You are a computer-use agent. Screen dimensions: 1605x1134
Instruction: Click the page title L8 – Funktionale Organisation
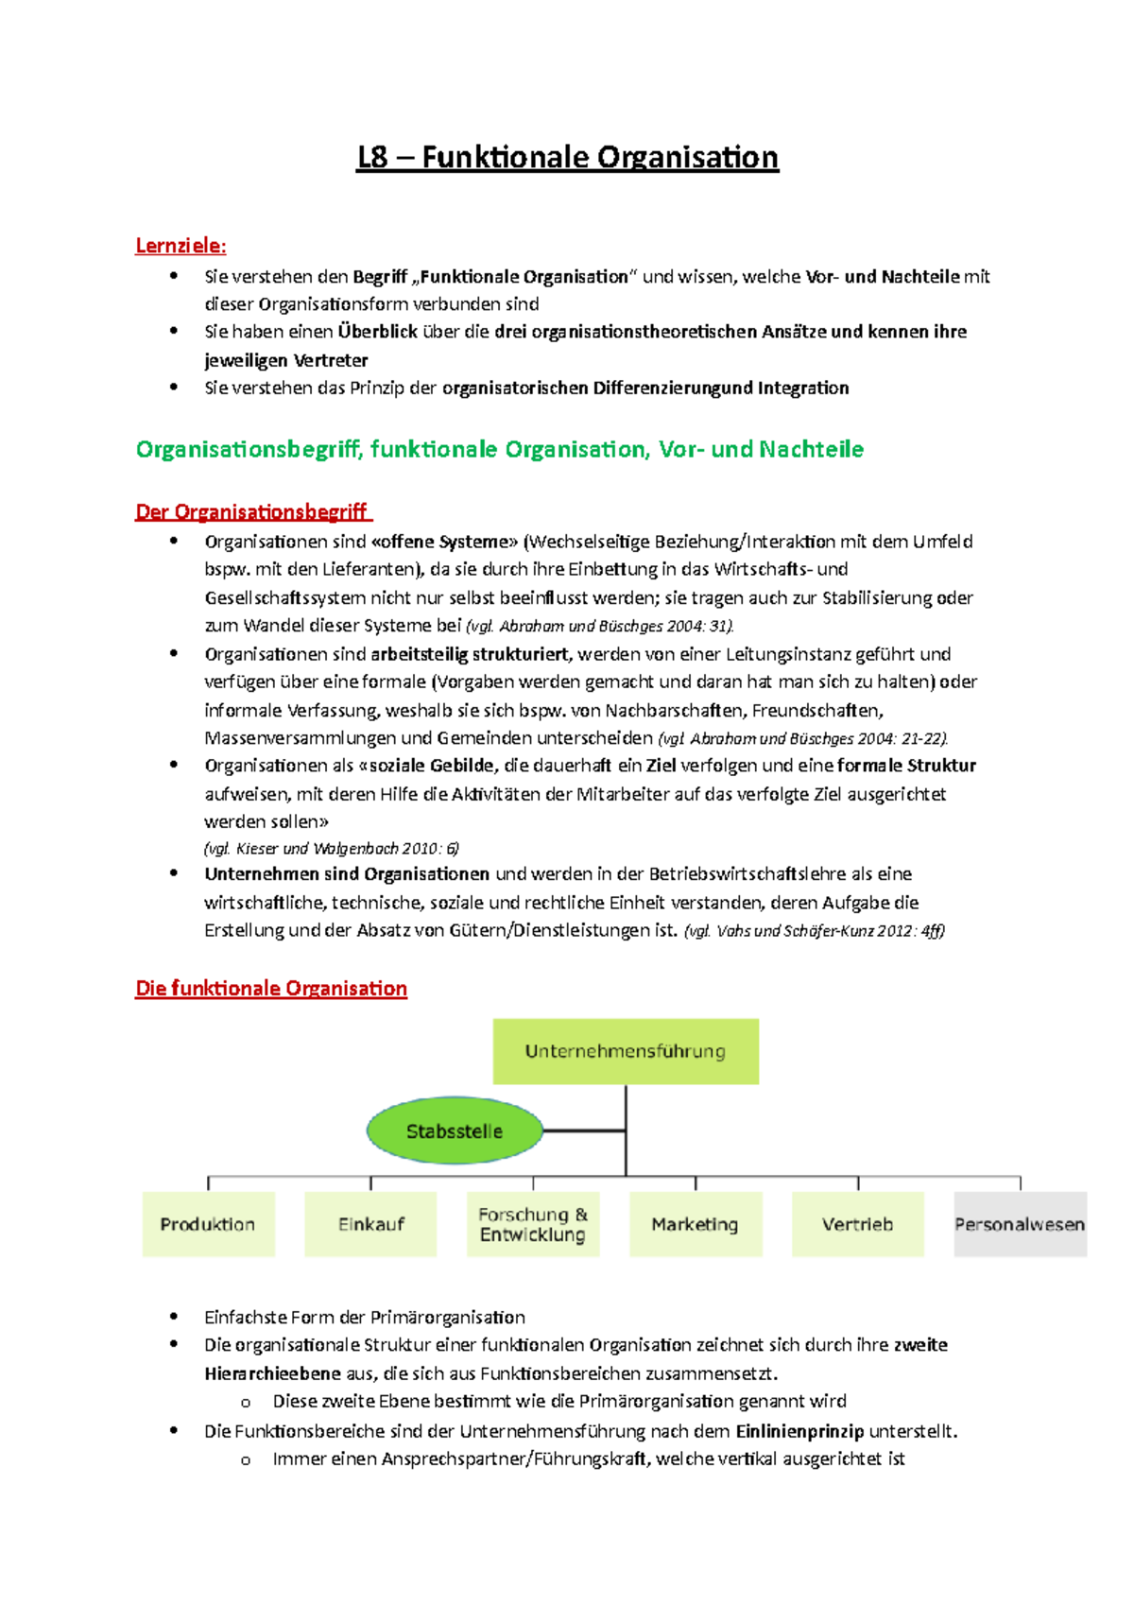click(x=567, y=157)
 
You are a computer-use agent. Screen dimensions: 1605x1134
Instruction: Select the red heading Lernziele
click(x=180, y=246)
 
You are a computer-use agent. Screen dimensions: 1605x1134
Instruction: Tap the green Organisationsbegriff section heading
click(x=499, y=449)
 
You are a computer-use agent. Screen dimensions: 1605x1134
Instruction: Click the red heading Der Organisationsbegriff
click(x=252, y=512)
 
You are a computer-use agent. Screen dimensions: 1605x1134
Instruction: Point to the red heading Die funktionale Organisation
click(x=271, y=989)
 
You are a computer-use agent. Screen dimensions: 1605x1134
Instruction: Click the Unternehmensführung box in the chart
click(x=626, y=1051)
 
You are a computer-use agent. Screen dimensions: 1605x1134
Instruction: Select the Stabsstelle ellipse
click(x=455, y=1130)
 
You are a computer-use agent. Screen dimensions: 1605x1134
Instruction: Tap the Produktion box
click(x=208, y=1224)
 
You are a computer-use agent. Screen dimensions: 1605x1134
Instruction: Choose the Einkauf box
click(x=370, y=1224)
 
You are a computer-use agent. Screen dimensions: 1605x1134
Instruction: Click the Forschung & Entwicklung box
click(x=533, y=1224)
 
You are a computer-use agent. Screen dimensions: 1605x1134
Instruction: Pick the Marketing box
click(x=696, y=1224)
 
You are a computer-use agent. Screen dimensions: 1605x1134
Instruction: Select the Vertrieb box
click(x=857, y=1224)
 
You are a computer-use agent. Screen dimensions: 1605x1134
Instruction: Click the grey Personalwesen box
click(x=1020, y=1224)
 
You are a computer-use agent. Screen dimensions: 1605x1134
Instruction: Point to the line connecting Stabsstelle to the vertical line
click(x=584, y=1130)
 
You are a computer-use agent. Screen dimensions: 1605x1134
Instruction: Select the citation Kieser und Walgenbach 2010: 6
click(x=332, y=849)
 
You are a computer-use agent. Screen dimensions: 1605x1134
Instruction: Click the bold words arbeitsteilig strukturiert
click(x=470, y=654)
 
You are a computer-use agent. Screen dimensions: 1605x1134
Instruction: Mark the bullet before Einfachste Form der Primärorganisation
click(x=173, y=1316)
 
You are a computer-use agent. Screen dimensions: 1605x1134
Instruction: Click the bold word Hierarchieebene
click(x=272, y=1373)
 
